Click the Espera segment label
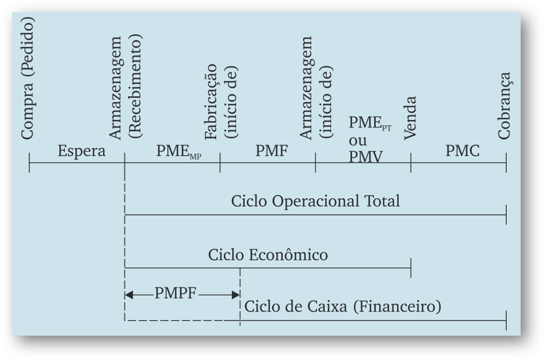tap(82, 152)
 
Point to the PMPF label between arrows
tap(176, 293)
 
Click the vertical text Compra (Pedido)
tap(28, 78)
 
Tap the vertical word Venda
tap(410, 118)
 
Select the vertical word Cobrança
tap(504, 105)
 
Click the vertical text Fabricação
tap(210, 101)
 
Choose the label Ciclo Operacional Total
tap(315, 201)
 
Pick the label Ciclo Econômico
tap(268, 254)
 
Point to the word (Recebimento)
tap(137, 88)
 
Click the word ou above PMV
tap(358, 141)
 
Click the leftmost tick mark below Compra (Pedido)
tap(30, 163)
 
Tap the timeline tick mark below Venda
tap(410, 163)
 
